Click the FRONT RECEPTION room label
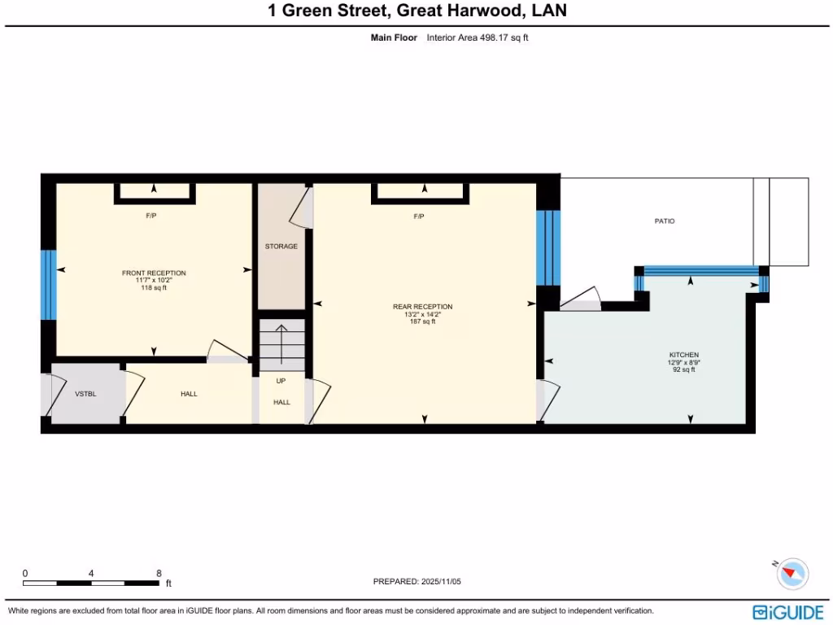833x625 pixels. [154, 273]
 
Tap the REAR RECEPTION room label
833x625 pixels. [422, 307]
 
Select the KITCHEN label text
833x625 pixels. [683, 355]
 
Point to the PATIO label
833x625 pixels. [665, 221]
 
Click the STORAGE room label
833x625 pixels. [281, 247]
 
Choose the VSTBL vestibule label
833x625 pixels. [85, 394]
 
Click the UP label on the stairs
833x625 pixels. [281, 381]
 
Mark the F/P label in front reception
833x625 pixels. [150, 216]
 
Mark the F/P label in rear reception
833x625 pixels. [419, 216]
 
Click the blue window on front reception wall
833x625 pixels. [49, 285]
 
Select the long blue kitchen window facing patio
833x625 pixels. [700, 271]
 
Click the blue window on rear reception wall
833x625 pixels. [548, 247]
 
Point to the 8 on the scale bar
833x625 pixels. [159, 573]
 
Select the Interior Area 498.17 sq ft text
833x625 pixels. [478, 37]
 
